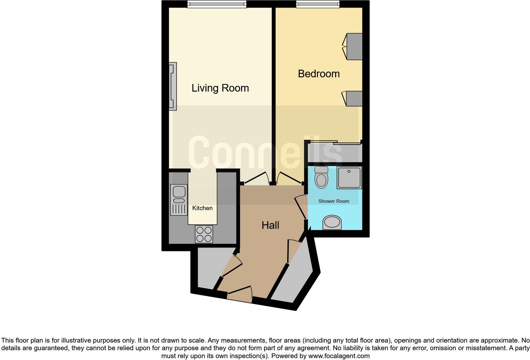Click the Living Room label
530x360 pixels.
coord(220,88)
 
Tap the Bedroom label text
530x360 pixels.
coord(319,74)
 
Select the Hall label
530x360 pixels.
coord(270,225)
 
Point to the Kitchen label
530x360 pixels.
coord(202,208)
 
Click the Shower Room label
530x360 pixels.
coord(333,201)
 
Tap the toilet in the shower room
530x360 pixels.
coord(321,178)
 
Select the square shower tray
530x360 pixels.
coord(349,177)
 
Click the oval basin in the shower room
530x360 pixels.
coord(332,222)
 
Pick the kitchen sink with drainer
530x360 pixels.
coord(179,199)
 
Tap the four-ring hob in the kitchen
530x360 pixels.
coord(204,234)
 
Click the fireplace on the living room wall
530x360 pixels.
coord(173,86)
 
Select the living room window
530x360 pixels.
coord(217,4)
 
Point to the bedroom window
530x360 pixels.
coord(318,4)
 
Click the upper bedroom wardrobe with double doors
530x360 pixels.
coord(353,47)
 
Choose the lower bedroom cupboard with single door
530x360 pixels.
coord(353,98)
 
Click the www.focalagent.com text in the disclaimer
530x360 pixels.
coord(339,356)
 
